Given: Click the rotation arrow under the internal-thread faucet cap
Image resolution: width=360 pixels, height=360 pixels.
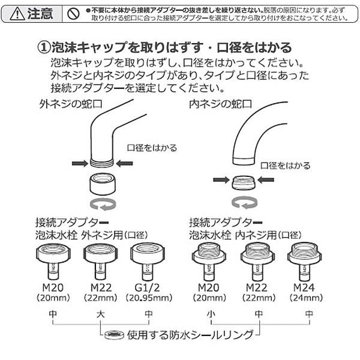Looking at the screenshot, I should [x=243, y=200].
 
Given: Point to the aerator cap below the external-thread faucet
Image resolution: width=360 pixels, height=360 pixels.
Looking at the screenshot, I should [x=100, y=182].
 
